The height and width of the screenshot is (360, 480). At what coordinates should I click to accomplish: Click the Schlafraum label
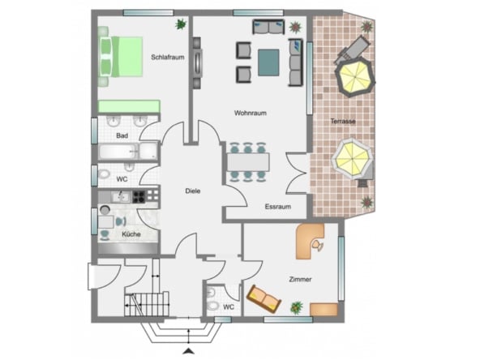tap(168, 58)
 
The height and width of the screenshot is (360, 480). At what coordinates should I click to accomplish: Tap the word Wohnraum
tap(251, 113)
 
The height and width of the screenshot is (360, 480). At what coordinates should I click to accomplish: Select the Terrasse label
tap(343, 122)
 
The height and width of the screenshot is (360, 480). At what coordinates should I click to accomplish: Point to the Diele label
tap(193, 191)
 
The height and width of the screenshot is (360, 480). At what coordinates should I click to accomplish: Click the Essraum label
tap(278, 207)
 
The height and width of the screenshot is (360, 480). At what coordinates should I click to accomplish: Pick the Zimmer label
tap(300, 280)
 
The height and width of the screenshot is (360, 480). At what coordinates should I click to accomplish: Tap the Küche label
tap(131, 234)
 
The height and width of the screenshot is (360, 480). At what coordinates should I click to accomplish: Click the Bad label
tap(122, 135)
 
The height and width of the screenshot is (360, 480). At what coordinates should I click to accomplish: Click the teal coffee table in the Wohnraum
tap(268, 62)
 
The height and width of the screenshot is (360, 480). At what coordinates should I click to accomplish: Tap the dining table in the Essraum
tap(248, 162)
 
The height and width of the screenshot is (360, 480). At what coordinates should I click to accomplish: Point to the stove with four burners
tap(139, 197)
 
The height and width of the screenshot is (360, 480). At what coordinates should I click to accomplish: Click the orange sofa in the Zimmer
tap(264, 298)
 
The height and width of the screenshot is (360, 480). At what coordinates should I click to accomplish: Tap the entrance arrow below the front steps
tap(189, 351)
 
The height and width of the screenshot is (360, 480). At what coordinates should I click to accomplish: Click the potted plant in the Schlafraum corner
tap(182, 24)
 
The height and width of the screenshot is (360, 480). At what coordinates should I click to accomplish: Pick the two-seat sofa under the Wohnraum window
tap(268, 27)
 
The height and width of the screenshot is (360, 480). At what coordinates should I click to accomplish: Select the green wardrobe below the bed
tap(129, 106)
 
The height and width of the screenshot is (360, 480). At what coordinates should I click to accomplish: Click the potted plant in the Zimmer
tap(297, 307)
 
